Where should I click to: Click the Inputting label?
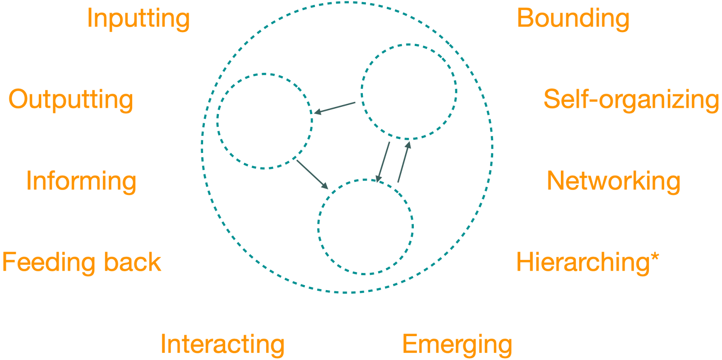[x=138, y=19]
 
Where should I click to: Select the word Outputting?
[x=71, y=100]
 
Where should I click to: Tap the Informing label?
[x=81, y=181]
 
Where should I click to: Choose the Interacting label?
[x=222, y=344]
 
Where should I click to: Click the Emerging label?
[x=457, y=345]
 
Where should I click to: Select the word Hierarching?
[x=582, y=263]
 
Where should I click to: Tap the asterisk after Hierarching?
[x=655, y=258]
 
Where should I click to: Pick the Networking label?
[x=613, y=181]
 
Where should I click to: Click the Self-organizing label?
[x=631, y=100]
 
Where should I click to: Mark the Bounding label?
[x=573, y=19]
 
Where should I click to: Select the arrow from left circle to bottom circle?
[x=312, y=174]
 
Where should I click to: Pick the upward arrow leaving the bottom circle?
[x=404, y=162]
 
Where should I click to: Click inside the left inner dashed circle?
[x=264, y=121]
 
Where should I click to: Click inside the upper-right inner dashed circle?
[x=409, y=92]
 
